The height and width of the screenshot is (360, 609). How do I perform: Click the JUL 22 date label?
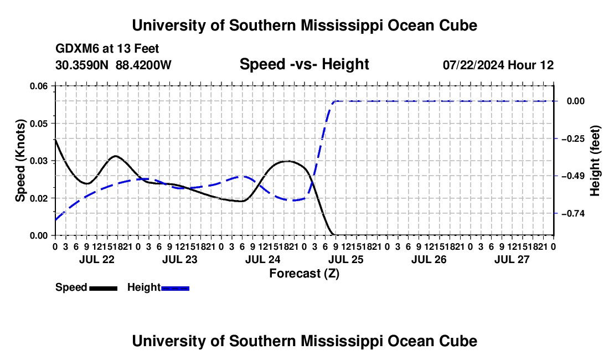click(x=97, y=259)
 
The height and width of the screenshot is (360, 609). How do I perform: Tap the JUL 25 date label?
click(x=345, y=259)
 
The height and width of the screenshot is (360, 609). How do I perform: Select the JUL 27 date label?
click(x=512, y=259)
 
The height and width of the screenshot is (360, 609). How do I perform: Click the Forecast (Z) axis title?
click(x=304, y=274)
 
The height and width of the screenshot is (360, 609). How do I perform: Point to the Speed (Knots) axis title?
click(x=20, y=161)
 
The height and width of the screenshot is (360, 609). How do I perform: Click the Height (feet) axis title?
click(x=595, y=161)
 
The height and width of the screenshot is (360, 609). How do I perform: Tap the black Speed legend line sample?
click(x=104, y=288)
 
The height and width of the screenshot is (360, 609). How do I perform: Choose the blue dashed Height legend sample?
click(x=175, y=288)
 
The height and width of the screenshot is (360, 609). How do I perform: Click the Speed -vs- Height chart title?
click(x=304, y=64)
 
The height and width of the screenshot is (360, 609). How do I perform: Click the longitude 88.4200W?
click(x=143, y=65)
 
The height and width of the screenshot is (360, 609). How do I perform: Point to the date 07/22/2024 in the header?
click(x=473, y=65)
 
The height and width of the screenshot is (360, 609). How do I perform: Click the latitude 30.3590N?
click(x=82, y=65)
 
